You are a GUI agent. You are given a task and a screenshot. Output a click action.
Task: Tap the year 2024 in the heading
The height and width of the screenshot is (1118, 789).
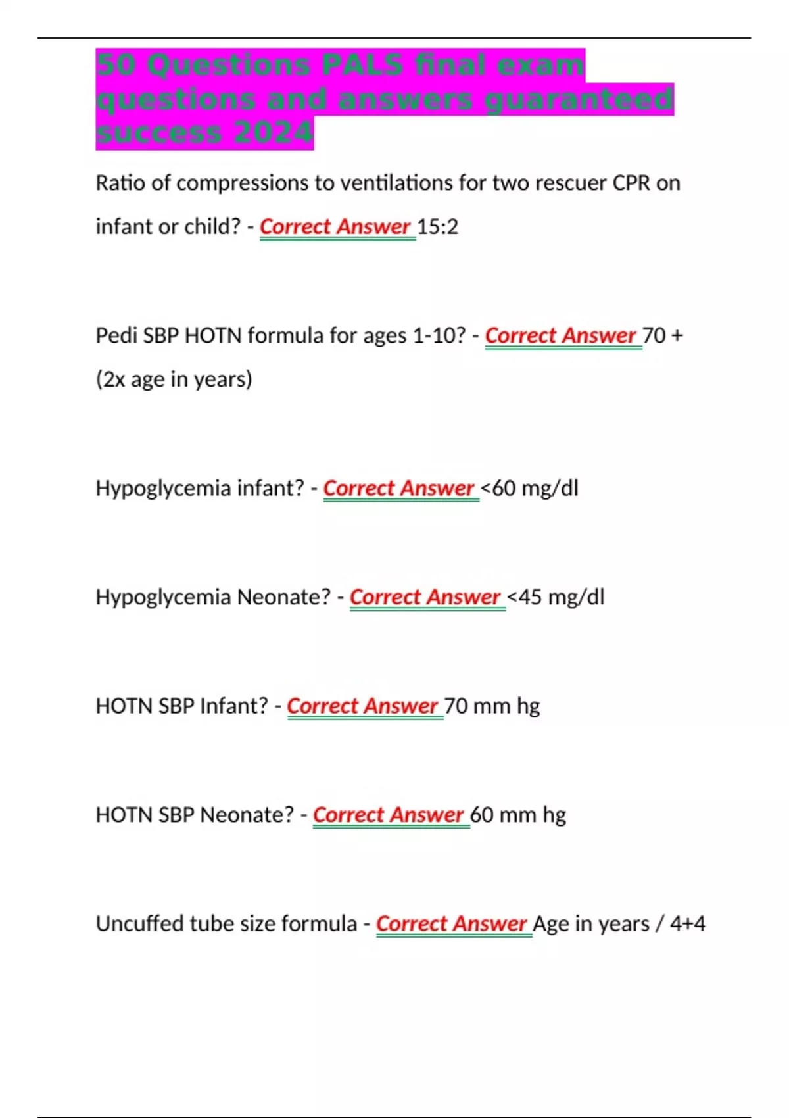pos(272,134)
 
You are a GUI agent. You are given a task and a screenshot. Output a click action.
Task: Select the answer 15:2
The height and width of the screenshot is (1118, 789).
pos(437,227)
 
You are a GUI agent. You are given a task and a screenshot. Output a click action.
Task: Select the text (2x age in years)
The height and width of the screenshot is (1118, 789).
pos(174,379)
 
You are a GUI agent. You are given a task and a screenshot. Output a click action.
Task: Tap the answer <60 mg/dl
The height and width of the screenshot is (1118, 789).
pos(529,489)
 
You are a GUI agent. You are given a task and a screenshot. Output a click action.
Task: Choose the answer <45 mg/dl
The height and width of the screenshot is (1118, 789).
pos(556,597)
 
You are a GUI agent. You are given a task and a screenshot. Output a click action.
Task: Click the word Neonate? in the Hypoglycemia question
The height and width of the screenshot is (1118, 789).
pos(283,597)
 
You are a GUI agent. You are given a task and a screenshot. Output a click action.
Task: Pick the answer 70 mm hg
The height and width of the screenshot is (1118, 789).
pos(492,706)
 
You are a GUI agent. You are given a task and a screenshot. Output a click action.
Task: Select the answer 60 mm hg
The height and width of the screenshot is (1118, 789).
pos(518,815)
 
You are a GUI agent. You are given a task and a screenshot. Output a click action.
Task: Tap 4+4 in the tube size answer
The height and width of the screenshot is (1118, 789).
pos(687,924)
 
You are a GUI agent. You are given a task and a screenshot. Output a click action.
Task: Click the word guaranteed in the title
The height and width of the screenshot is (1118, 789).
pos(578,99)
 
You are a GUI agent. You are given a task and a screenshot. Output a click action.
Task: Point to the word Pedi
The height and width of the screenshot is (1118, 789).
pos(116,336)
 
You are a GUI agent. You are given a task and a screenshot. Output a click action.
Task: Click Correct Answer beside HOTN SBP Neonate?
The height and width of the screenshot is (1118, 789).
pos(389,815)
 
